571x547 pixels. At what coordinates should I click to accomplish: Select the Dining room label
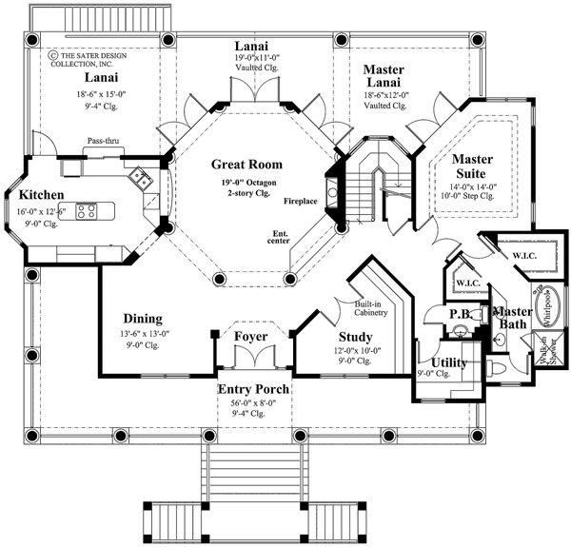coord(142,319)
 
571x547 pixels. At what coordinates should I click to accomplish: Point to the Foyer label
coord(250,337)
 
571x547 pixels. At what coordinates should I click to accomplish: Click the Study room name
coord(355,337)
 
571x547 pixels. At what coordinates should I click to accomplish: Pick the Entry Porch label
coord(253,390)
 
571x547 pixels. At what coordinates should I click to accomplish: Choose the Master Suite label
coord(472,166)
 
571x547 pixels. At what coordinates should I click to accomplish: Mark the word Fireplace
coord(302,202)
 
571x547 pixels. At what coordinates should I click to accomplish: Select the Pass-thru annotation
coord(103,140)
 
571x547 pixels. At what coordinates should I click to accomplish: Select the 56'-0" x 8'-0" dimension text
coord(253,404)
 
